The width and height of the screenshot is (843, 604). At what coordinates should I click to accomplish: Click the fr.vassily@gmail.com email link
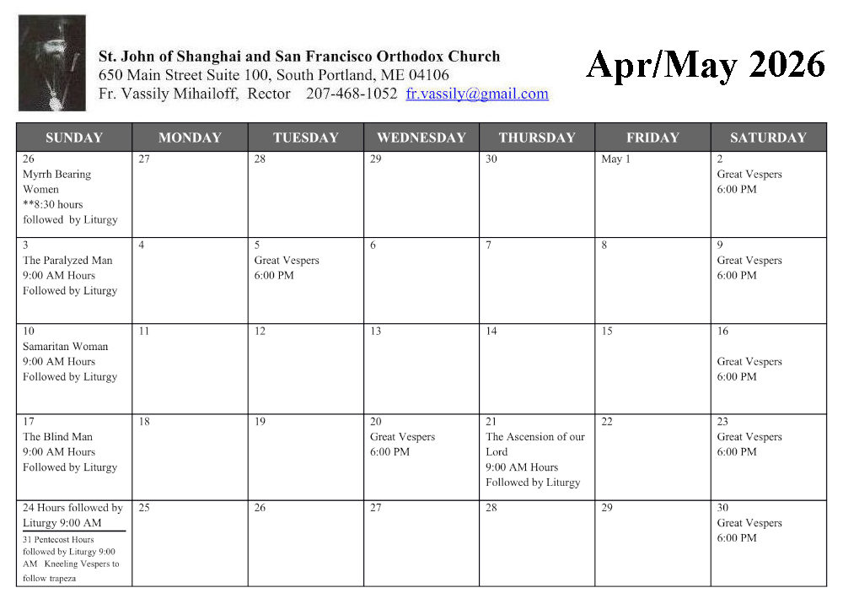coord(477,94)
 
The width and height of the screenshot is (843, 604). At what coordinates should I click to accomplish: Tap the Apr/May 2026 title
coord(706,65)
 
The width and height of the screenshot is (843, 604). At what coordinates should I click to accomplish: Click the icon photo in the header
coord(52,63)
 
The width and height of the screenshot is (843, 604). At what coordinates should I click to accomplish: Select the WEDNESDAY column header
coord(421,138)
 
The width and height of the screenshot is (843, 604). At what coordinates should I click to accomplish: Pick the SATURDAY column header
coord(768,138)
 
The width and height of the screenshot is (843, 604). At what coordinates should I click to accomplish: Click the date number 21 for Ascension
coord(491,422)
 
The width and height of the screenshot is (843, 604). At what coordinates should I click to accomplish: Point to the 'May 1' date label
coord(615,159)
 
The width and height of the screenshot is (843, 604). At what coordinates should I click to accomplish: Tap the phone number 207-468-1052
coord(352,94)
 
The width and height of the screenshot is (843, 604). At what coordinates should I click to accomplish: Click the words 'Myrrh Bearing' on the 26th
coord(56,175)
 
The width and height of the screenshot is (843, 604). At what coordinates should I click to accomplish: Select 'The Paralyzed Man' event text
coord(67,261)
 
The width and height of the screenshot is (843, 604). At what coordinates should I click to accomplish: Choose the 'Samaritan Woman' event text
coord(65,347)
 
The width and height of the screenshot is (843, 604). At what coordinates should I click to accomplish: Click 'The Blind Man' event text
coord(57,437)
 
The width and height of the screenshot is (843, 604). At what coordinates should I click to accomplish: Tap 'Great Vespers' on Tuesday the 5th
coord(287,261)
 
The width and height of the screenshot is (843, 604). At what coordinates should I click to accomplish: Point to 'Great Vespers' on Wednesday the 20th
coord(402,437)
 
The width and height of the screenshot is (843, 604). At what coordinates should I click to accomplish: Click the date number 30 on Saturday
coord(722,508)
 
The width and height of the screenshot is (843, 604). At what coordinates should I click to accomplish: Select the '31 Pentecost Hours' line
coord(58,540)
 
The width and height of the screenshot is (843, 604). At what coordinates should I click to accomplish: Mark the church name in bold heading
coord(299,57)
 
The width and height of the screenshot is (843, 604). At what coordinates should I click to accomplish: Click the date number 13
coord(375,332)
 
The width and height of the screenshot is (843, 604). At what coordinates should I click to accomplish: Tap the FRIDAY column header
coord(652,138)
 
